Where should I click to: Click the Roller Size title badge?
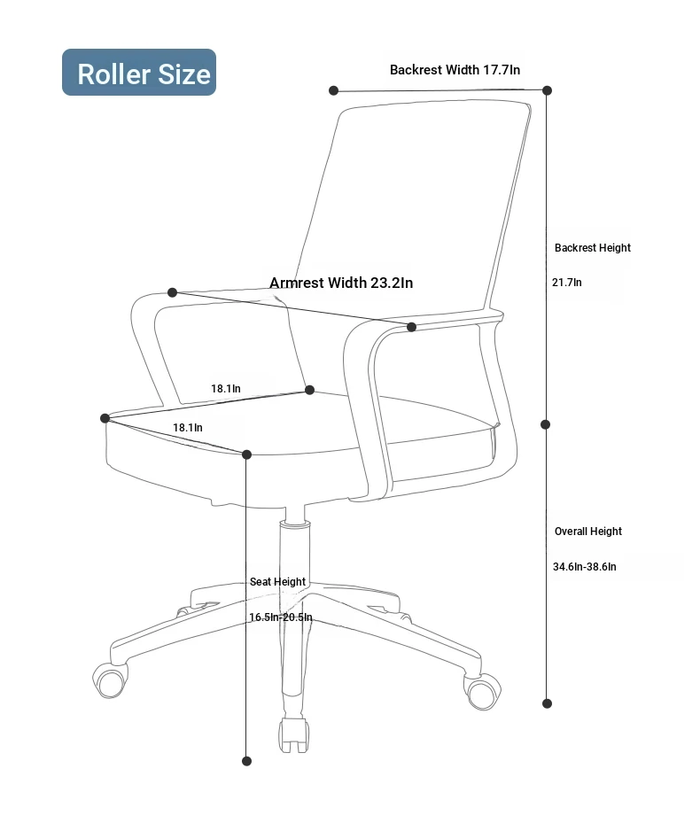139,73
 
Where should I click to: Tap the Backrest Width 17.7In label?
455,70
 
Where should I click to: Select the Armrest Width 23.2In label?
341,283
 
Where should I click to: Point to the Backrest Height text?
593,248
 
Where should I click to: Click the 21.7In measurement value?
566,283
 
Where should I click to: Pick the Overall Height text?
588,532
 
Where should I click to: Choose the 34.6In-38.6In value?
585,567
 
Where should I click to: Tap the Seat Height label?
277,581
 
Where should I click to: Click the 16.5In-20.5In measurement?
280,617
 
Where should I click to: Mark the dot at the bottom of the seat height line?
247,761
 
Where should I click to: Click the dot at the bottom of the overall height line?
547,703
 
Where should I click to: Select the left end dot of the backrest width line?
333,90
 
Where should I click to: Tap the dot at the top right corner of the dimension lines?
548,90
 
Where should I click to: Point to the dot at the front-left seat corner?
105,418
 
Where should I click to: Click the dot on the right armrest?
412,327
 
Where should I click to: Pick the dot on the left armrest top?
172,292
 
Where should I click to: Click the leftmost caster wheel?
110,680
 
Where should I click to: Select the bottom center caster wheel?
294,735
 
